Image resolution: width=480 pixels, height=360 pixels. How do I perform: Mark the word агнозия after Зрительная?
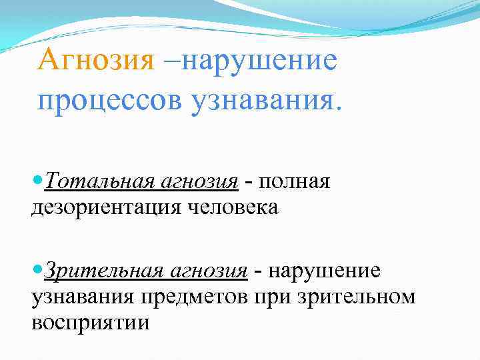click(209, 271)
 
